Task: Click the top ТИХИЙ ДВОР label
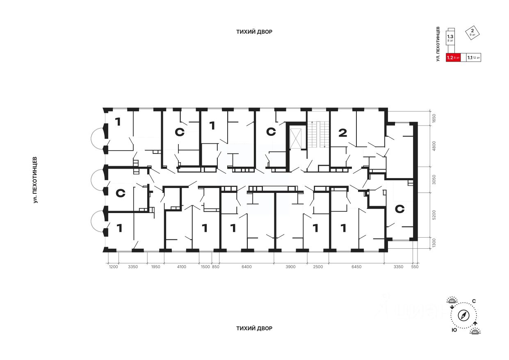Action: pyautogui.click(x=254, y=32)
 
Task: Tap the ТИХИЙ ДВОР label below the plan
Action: pyautogui.click(x=254, y=328)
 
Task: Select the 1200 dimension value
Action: pyautogui.click(x=113, y=267)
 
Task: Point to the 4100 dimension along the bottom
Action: pyautogui.click(x=181, y=267)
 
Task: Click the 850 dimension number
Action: pyautogui.click(x=216, y=267)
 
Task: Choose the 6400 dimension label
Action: pyautogui.click(x=246, y=267)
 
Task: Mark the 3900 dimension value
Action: pyautogui.click(x=290, y=267)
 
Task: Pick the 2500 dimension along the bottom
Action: pyautogui.click(x=318, y=267)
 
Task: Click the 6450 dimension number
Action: pyautogui.click(x=357, y=267)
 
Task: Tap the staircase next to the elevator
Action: pyautogui.click(x=317, y=134)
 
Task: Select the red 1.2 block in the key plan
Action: pyautogui.click(x=453, y=58)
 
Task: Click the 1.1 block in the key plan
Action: pyautogui.click(x=474, y=58)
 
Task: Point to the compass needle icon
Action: pyautogui.click(x=464, y=316)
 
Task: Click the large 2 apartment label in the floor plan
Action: pyautogui.click(x=342, y=133)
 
